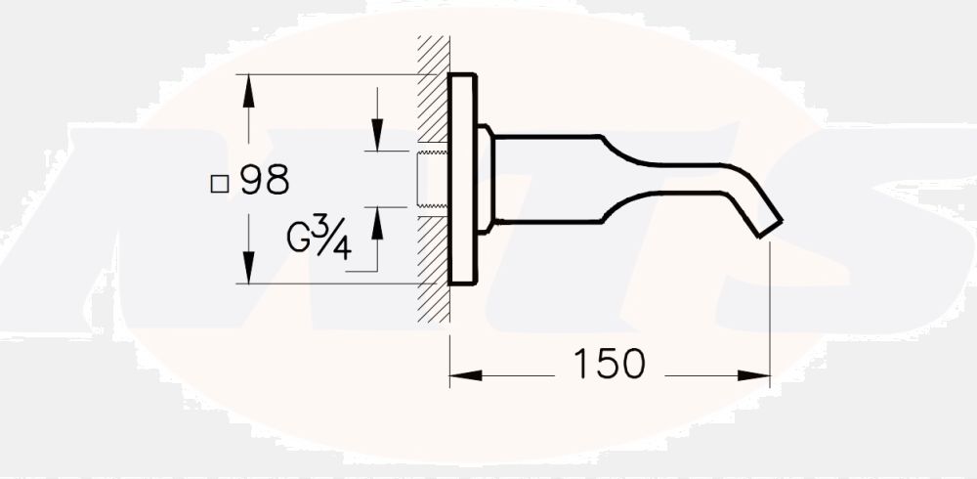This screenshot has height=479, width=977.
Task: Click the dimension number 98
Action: point(264,181)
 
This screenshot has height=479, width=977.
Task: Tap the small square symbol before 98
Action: point(220,182)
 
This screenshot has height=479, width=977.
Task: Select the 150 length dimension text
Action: point(609,364)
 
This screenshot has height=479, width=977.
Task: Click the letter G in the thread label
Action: point(302,239)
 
